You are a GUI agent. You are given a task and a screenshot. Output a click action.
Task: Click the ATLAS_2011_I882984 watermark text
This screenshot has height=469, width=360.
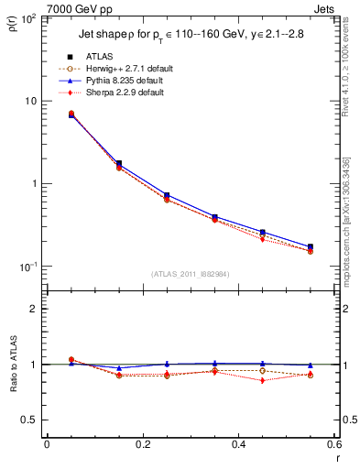click(x=190, y=274)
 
